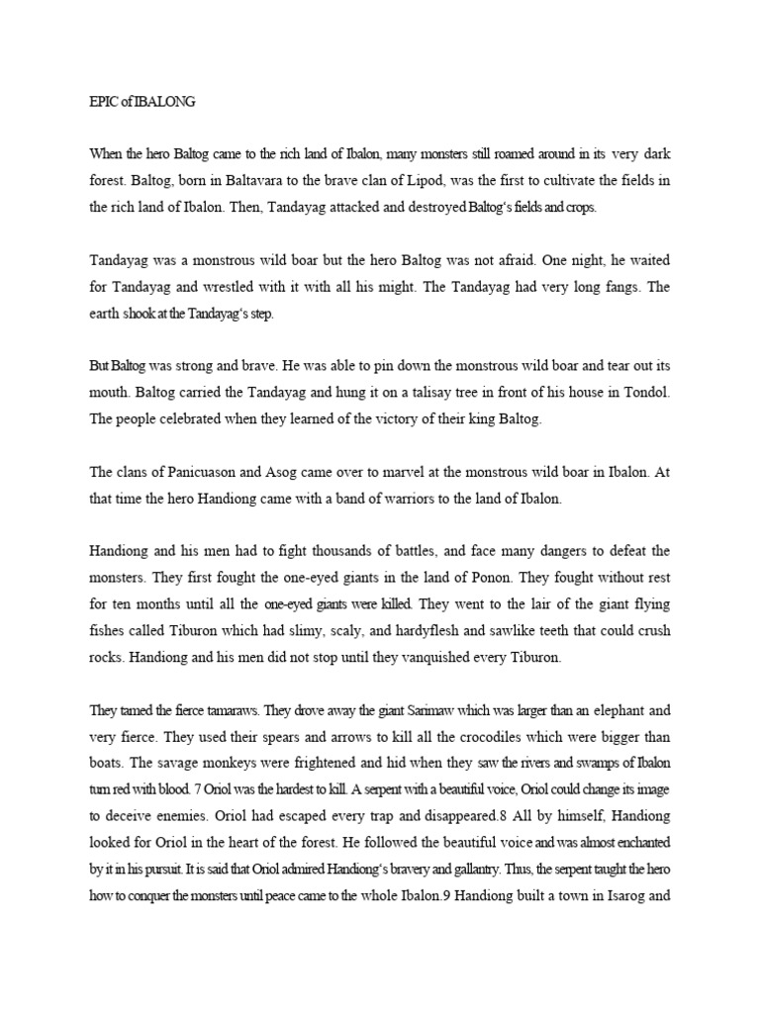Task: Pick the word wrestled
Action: pyautogui.click(x=251, y=291)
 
